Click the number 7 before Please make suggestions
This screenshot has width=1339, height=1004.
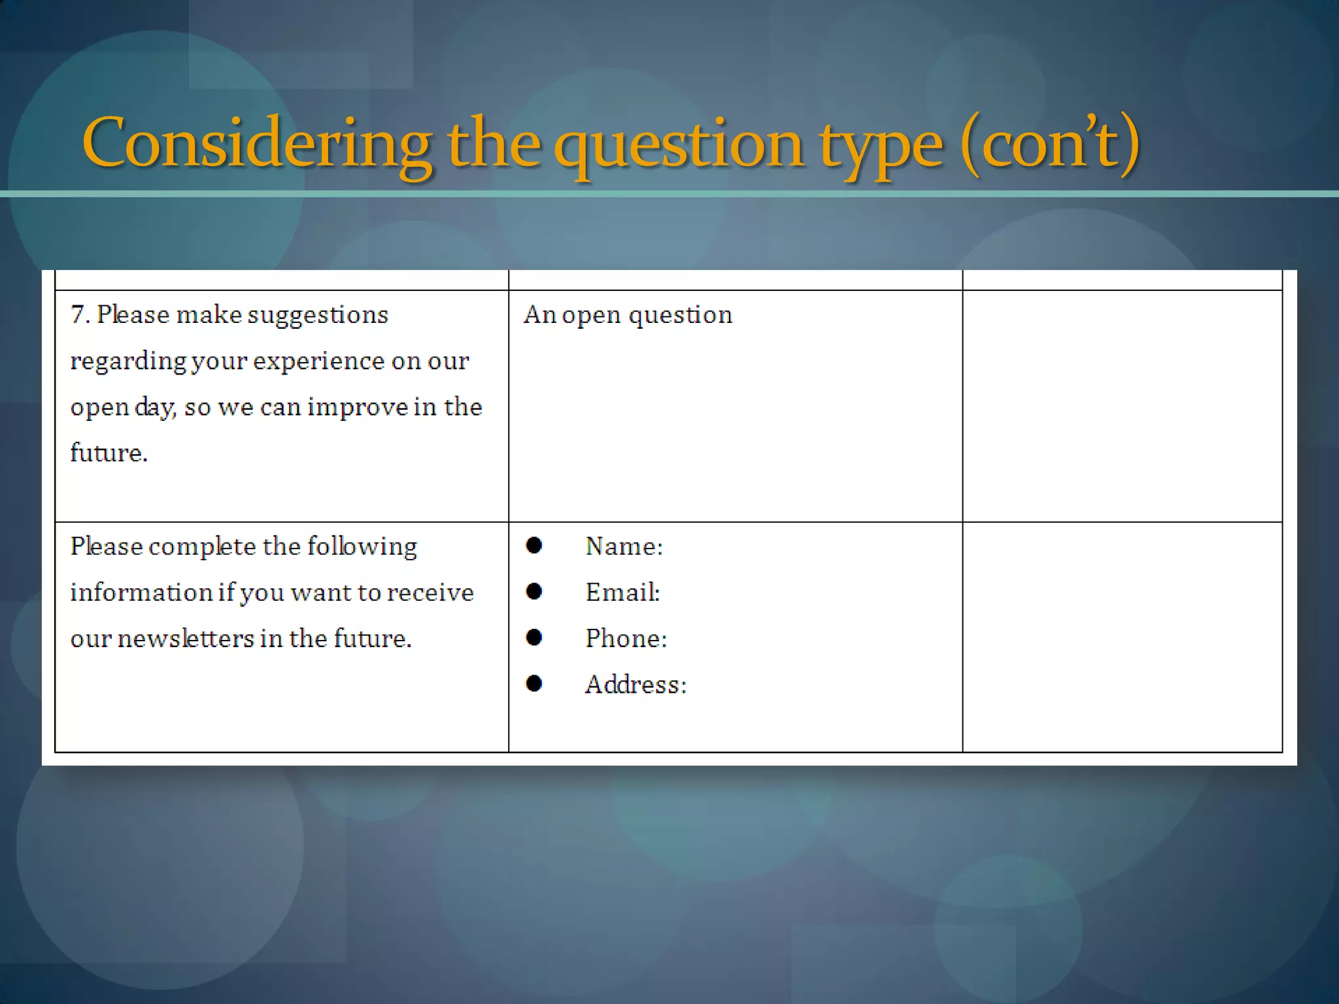78,315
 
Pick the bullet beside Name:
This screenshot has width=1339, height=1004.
534,545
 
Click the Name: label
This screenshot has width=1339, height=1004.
624,546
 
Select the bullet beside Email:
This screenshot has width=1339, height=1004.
534,592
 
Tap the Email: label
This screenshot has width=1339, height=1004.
622,592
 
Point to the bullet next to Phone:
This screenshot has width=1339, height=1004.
534,637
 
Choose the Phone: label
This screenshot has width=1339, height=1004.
626,639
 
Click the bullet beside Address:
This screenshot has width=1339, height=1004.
534,684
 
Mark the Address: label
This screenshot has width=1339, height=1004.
636,685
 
